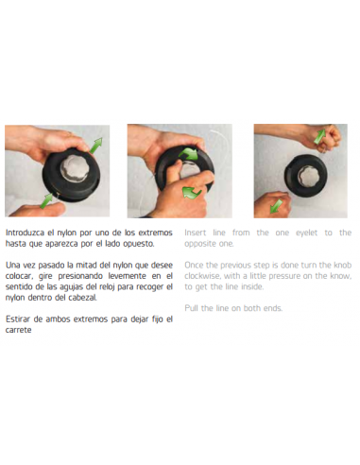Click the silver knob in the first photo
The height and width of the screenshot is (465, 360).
coord(75,168)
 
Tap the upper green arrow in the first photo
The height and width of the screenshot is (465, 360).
coord(96,146)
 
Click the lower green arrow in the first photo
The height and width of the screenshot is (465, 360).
coord(46,200)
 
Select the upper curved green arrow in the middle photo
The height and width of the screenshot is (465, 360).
coord(188,154)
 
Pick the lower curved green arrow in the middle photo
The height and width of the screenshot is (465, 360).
coord(192,192)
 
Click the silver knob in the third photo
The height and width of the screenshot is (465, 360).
coord(309,176)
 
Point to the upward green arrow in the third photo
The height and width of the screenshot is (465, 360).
coord(320,136)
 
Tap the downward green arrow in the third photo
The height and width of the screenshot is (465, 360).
coord(276,206)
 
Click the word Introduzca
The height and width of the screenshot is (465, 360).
coord(25,232)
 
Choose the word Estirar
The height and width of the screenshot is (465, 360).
coord(18,319)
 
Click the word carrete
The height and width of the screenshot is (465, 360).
coord(18,330)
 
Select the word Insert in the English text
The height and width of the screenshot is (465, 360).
coord(196,232)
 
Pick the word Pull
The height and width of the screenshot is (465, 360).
coord(191,308)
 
